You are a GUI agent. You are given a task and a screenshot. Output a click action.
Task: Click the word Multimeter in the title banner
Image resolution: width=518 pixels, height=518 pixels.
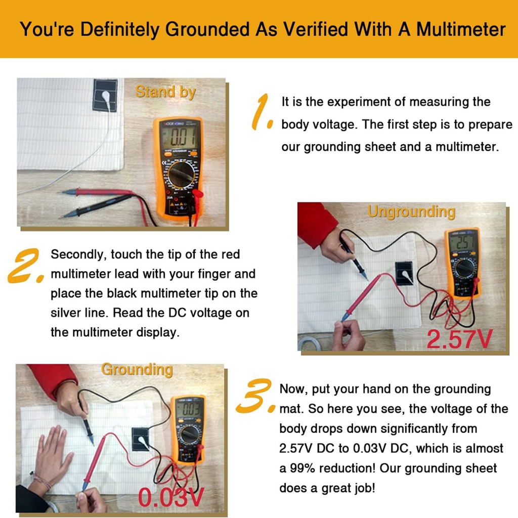(461, 29)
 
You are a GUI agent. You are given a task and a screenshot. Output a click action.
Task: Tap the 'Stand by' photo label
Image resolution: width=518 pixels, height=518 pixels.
(165, 92)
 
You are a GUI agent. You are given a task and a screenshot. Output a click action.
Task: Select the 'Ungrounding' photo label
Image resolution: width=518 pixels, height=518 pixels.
(411, 212)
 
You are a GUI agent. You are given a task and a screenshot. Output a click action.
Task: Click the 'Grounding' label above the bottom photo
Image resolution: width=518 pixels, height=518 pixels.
(137, 370)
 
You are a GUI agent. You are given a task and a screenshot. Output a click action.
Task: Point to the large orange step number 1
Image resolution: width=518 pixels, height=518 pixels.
(262, 112)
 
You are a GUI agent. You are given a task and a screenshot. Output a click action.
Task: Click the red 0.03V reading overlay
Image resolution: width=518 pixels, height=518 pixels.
(171, 497)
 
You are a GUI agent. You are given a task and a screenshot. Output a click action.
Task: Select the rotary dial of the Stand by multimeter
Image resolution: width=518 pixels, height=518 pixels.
(181, 175)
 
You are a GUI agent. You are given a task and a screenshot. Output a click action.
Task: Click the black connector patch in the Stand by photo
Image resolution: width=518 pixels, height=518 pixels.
(105, 95)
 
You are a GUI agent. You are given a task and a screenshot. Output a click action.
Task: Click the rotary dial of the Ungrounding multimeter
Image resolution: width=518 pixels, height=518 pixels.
(464, 268)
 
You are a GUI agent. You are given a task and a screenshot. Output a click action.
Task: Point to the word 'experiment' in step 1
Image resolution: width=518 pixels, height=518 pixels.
(361, 102)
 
